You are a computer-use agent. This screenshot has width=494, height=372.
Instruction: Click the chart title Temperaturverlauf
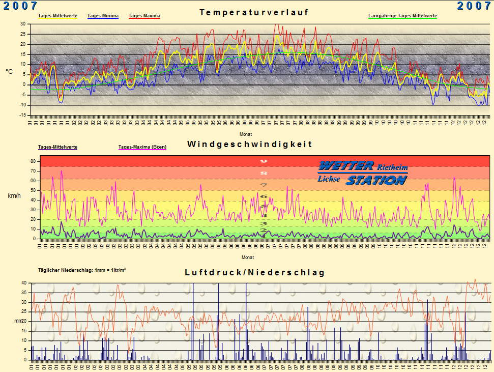click(253, 12)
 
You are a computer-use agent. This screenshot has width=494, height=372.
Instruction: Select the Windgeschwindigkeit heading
click(249, 144)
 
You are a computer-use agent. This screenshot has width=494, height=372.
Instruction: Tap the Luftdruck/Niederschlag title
click(254, 273)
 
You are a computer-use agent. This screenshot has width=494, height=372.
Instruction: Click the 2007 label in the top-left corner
click(20, 6)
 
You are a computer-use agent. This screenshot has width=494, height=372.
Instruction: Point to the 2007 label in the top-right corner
click(474, 6)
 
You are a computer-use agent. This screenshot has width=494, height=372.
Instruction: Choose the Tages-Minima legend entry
click(103, 16)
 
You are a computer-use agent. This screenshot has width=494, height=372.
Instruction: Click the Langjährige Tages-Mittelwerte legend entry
click(402, 16)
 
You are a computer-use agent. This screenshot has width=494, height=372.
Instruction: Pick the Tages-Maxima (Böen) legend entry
click(142, 147)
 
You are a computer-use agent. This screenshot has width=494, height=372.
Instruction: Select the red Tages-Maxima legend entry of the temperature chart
click(144, 16)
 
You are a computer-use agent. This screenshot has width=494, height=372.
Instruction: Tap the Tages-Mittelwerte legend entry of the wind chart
click(57, 147)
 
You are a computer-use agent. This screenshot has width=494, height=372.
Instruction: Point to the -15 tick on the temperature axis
click(22, 116)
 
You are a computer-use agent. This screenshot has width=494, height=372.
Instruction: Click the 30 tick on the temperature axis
click(23, 24)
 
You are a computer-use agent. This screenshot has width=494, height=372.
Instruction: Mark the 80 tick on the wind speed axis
click(33, 161)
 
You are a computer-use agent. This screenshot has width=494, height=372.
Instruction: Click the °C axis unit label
click(9, 72)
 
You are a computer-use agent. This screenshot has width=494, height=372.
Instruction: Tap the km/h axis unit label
click(14, 195)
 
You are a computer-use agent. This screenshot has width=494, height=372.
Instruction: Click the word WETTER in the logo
click(346, 166)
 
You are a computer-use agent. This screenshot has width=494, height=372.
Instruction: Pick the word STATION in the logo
click(376, 180)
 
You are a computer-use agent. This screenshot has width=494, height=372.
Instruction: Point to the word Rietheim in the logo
click(392, 167)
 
